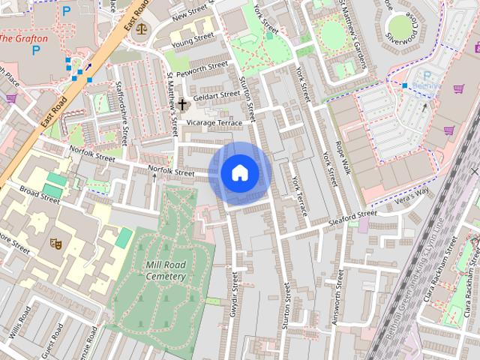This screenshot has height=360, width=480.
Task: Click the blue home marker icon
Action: point(240,173)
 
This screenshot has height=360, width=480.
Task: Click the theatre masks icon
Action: point(54,243)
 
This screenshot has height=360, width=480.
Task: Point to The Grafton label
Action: point(24,38)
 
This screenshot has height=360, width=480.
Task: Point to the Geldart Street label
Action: point(216,95)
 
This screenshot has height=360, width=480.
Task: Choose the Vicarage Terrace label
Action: point(214,122)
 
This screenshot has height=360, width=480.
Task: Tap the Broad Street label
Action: point(40,194)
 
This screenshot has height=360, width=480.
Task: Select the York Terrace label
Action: point(300,197)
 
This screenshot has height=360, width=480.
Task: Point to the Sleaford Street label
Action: point(352,217)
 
